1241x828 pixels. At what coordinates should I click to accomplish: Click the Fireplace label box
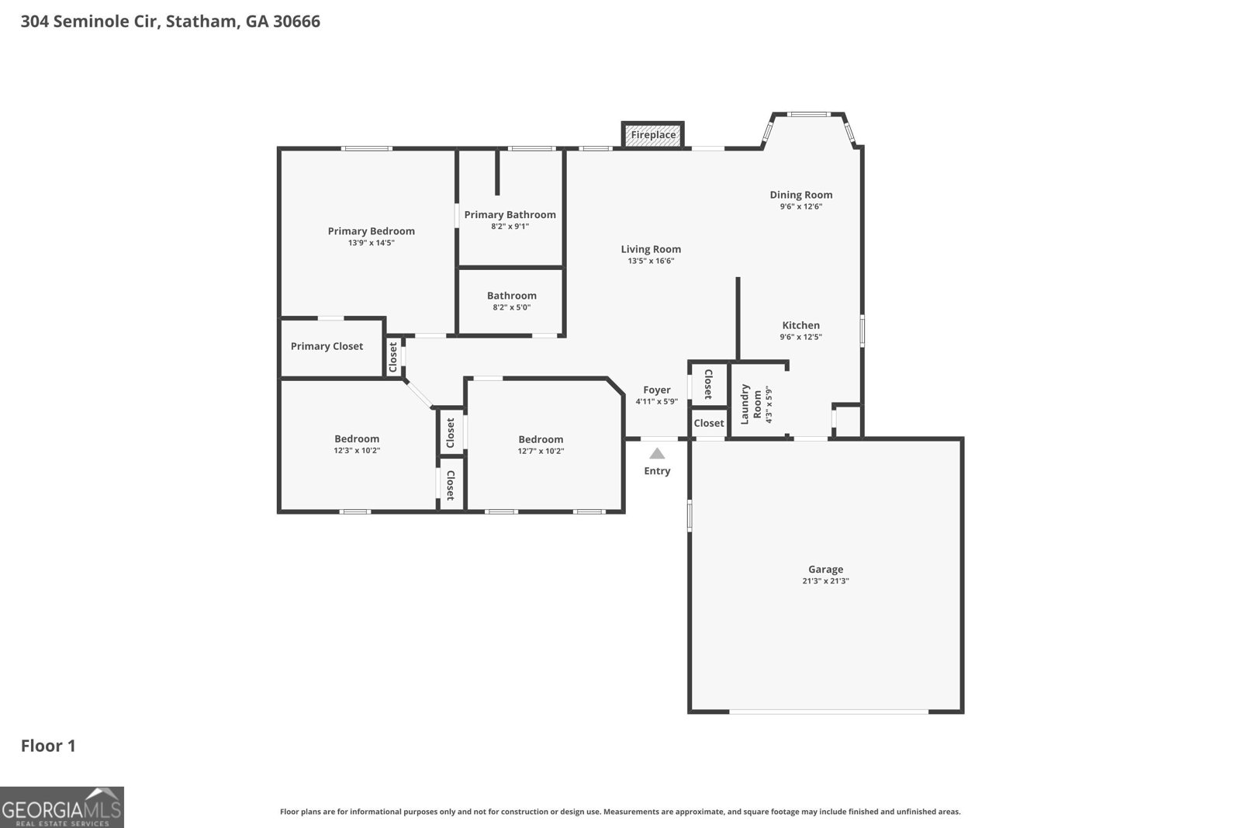pyautogui.click(x=652, y=135)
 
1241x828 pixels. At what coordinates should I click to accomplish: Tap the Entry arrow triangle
pyautogui.click(x=657, y=454)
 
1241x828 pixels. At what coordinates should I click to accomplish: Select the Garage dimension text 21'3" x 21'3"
pyautogui.click(x=825, y=581)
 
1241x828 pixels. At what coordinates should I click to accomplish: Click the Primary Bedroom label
pyautogui.click(x=371, y=231)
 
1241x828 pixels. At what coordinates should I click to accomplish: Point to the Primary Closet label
pyautogui.click(x=327, y=346)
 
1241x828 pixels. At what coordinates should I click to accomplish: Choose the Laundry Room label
pyautogui.click(x=751, y=404)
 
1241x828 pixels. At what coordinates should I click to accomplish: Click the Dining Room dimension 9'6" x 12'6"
pyautogui.click(x=800, y=206)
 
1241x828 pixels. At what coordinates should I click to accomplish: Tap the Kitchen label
pyautogui.click(x=800, y=325)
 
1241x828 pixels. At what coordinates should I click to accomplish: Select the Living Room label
pyautogui.click(x=651, y=249)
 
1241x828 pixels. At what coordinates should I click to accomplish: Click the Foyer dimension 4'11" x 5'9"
pyautogui.click(x=656, y=402)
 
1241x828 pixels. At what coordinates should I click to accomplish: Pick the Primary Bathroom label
pyautogui.click(x=510, y=215)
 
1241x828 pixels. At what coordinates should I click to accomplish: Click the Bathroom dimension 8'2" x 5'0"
pyautogui.click(x=511, y=307)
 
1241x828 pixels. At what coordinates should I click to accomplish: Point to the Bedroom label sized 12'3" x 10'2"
pyautogui.click(x=357, y=438)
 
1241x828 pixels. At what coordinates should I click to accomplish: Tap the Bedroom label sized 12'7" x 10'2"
pyautogui.click(x=541, y=439)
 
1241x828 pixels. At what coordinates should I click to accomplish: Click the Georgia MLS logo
pyautogui.click(x=61, y=807)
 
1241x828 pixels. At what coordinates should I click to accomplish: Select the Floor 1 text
pyautogui.click(x=48, y=746)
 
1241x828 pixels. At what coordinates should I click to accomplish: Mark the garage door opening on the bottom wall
pyautogui.click(x=828, y=711)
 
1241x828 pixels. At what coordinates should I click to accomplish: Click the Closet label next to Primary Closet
pyautogui.click(x=393, y=356)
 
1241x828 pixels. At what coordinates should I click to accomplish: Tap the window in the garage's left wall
pyautogui.click(x=690, y=516)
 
